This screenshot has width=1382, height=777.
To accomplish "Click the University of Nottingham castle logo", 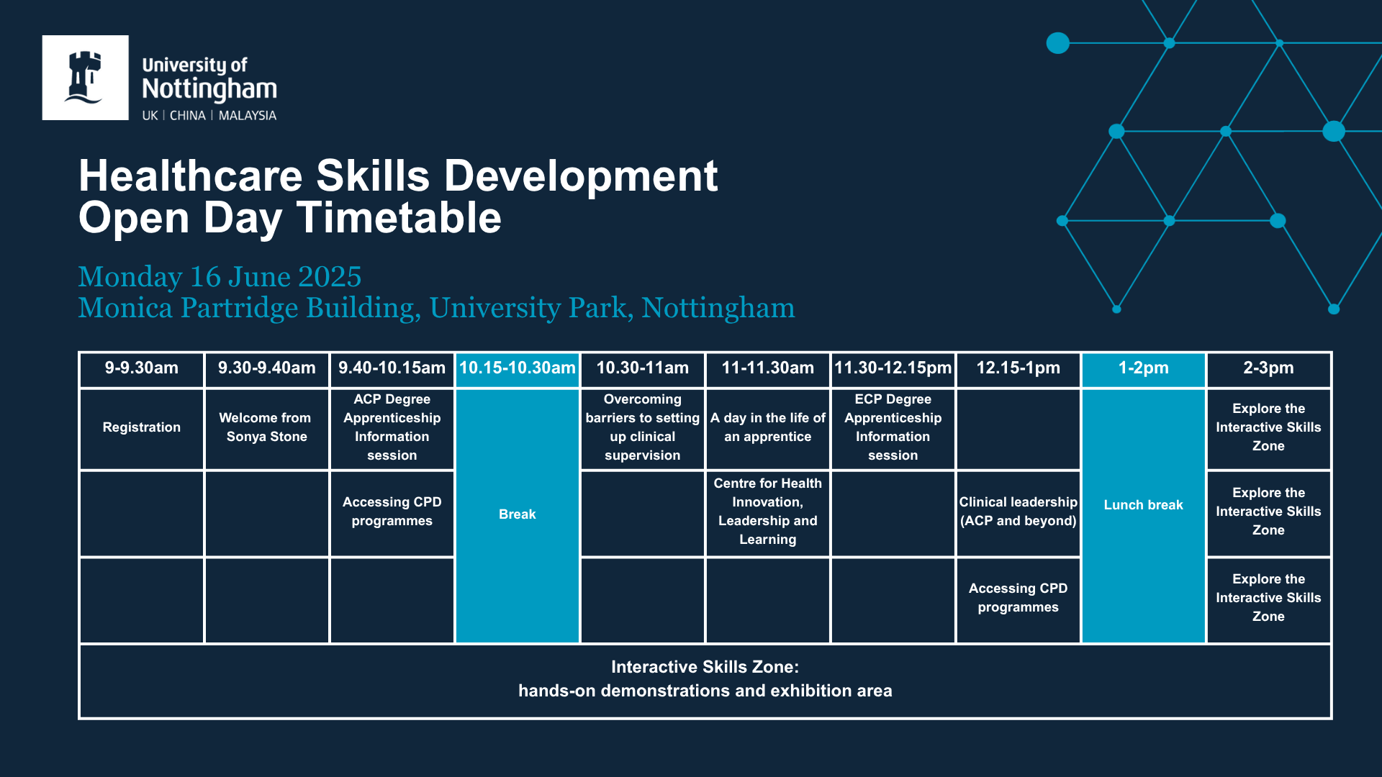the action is coord(85,78).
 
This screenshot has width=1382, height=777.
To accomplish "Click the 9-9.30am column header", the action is coord(142,368).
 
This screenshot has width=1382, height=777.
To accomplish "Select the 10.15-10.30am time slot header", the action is coord(518,368).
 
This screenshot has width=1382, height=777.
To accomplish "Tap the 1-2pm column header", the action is coord(1144,368).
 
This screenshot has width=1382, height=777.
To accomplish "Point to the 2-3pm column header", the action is coord(1268,368).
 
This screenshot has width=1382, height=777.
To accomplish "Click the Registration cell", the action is coord(142,427).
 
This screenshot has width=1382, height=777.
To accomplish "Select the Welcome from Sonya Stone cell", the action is coord(266,427).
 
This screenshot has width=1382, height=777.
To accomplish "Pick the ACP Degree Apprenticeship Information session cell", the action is coord(392,427).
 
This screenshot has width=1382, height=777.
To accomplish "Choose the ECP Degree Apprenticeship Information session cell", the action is coord(893,427).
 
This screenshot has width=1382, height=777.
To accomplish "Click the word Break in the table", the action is coord(518,514).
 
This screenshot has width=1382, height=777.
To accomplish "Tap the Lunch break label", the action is coord(1144,505).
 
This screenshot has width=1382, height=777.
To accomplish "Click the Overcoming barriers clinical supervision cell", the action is coord(643,427).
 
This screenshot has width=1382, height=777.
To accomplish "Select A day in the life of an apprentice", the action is coord(768,427).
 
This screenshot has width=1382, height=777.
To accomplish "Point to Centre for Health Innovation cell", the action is coord(768,512).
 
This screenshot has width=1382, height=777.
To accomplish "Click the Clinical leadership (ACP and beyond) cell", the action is coord(1019,512).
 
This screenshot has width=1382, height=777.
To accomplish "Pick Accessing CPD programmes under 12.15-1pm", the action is coord(1019,598).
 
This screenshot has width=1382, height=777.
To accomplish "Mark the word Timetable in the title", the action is coord(399,217).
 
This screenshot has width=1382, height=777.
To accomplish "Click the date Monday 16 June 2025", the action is coord(220,277).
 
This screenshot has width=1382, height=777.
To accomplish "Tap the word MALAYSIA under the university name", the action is coord(248,116).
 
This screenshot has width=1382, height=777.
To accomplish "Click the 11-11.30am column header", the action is coord(768,368).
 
